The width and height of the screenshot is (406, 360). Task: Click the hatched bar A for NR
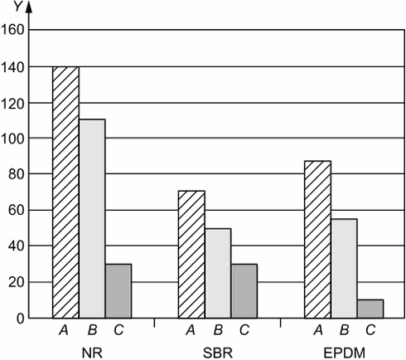65,192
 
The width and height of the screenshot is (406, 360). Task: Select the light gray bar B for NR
92,219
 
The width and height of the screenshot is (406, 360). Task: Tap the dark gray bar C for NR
118,291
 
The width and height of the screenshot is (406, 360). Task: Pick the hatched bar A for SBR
191,255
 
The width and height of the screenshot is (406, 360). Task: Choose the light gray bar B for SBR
218,273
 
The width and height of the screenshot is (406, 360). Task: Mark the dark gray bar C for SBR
244,291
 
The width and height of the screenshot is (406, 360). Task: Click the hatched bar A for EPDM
317,240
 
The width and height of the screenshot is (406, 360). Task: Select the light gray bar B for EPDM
344,269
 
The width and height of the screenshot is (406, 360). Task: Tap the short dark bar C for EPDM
370,309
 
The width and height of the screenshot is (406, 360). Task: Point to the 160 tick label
12,30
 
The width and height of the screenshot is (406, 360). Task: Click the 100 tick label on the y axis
12,139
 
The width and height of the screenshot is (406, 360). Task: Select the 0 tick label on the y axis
20,319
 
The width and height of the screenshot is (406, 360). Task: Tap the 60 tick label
17,211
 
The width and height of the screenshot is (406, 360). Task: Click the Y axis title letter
18,7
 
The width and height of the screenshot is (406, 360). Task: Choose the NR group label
92,353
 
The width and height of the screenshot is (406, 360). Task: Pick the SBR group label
218,353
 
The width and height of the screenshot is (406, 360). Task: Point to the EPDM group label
344,353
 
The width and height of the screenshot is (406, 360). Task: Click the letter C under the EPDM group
370,329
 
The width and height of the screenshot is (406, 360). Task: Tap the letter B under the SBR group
218,329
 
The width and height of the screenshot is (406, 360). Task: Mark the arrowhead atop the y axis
29,7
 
